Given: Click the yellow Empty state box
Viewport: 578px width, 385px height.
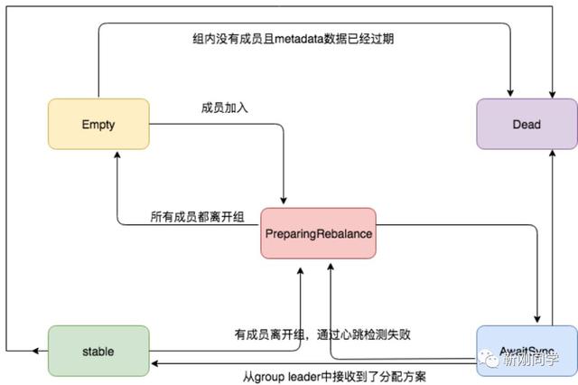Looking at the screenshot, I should pyautogui.click(x=98, y=125).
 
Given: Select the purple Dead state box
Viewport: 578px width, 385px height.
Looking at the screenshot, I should pyautogui.click(x=527, y=124).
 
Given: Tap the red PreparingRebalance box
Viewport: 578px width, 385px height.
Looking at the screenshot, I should pyautogui.click(x=320, y=233).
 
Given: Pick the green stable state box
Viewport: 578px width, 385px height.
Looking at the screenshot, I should pyautogui.click(x=98, y=351).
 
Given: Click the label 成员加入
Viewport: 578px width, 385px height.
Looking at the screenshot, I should pyautogui.click(x=225, y=108).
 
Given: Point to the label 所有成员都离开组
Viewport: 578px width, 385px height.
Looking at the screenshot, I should pyautogui.click(x=197, y=218).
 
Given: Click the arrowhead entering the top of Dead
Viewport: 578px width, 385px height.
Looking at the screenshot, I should pyautogui.click(x=510, y=94).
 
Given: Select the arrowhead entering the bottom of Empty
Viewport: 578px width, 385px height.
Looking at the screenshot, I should pyautogui.click(x=117, y=155).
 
